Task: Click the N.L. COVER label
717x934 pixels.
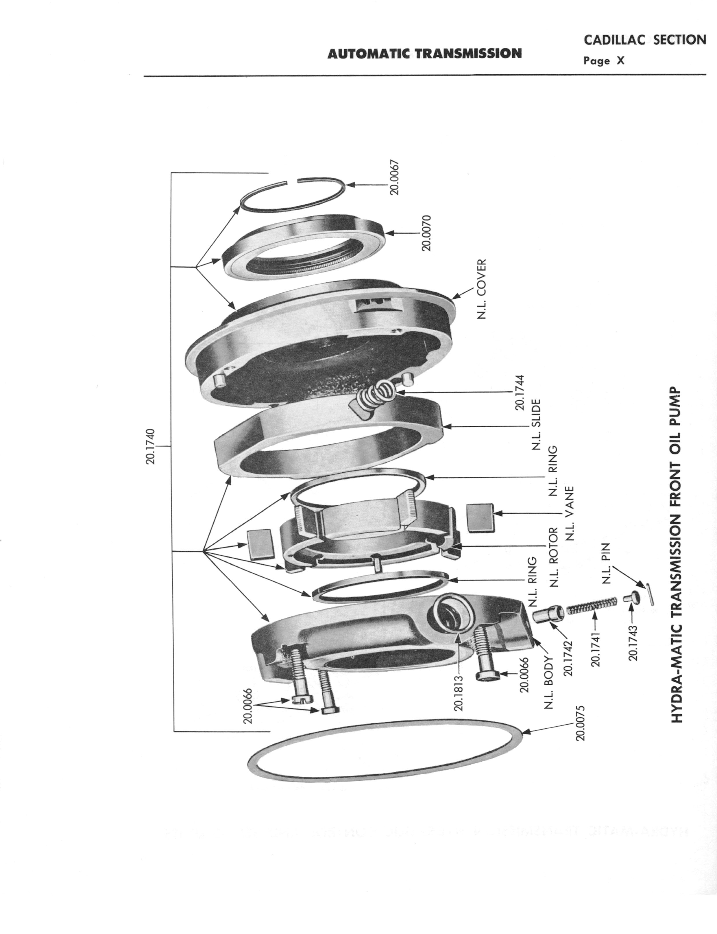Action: coord(481,289)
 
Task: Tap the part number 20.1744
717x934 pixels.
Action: coord(520,392)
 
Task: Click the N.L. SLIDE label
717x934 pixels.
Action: coord(537,425)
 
